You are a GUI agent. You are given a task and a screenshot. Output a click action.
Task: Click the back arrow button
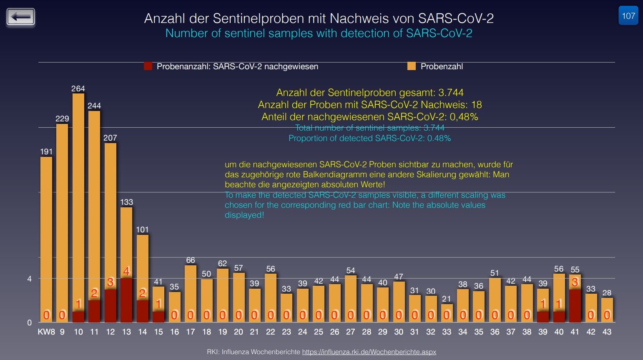(x=21, y=17)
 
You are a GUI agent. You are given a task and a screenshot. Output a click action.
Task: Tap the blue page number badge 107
(x=628, y=16)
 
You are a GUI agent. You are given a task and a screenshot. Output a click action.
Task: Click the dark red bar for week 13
(x=126, y=300)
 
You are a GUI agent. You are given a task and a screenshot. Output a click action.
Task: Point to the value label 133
(x=126, y=202)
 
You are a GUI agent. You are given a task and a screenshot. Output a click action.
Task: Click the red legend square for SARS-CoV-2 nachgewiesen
(x=148, y=66)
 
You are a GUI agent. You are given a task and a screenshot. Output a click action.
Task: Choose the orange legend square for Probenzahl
(x=412, y=66)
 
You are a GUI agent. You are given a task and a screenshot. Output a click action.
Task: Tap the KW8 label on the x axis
(x=46, y=332)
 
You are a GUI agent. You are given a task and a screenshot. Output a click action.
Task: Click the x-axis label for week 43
(x=607, y=332)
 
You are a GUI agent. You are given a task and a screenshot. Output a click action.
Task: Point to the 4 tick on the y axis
(x=29, y=279)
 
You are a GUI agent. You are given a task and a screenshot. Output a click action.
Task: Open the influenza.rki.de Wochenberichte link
(x=369, y=352)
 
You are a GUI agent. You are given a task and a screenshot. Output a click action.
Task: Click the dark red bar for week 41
(x=575, y=306)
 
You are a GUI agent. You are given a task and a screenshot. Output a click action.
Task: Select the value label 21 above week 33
(x=447, y=299)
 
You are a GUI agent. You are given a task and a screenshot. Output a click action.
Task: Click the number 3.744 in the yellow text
(x=451, y=93)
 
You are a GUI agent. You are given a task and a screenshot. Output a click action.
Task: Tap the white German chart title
(x=319, y=18)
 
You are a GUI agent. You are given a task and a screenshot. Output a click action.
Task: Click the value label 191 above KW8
(x=46, y=152)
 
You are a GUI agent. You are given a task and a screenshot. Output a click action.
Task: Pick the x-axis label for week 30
(x=399, y=332)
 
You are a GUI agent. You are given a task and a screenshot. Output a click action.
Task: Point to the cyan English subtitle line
(x=319, y=33)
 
